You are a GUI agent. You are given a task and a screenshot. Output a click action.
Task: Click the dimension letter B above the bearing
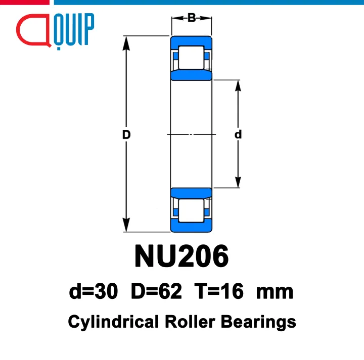pos(192,18)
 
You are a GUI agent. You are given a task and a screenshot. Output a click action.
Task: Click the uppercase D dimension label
pos(126,134)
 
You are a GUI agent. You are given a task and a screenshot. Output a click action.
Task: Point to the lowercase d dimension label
pos(238,134)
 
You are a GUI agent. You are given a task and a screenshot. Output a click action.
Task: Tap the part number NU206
pos(181,256)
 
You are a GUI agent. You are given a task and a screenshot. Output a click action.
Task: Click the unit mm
pos(275,293)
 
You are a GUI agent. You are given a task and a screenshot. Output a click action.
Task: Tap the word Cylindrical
pos(113,322)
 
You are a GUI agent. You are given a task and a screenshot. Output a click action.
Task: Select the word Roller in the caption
pos(190,322)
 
